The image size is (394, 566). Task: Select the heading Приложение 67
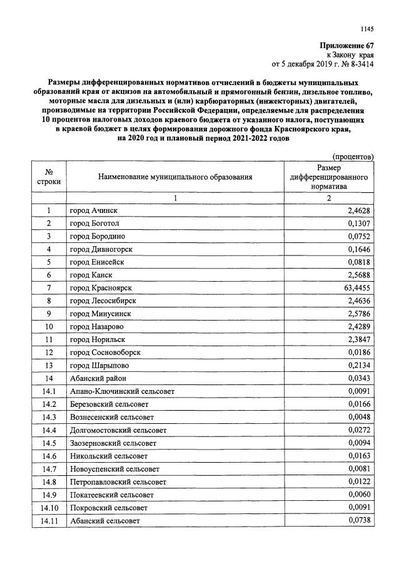[346, 46]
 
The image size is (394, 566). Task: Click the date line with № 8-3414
[322, 64]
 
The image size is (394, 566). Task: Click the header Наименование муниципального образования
[175, 177]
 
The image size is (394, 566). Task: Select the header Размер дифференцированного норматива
[328, 177]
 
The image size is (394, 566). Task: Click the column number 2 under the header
[328, 198]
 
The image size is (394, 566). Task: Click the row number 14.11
[48, 520]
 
